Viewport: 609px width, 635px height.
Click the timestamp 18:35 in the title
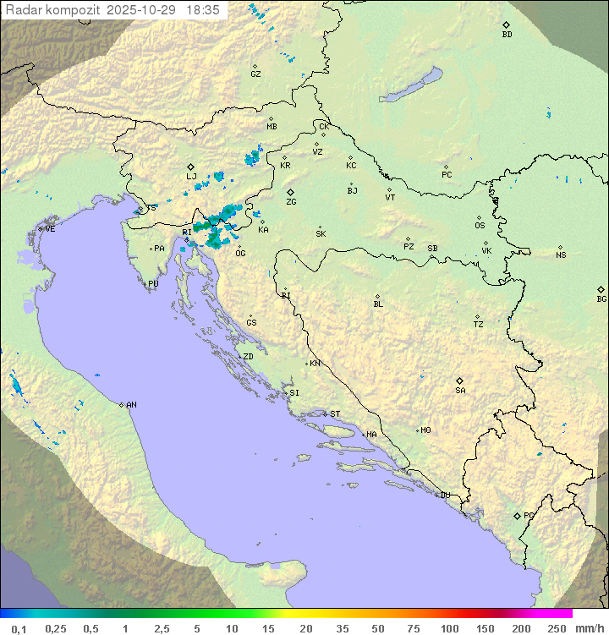point(202,10)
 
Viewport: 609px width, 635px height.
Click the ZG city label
point(291,202)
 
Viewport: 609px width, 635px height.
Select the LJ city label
point(191,177)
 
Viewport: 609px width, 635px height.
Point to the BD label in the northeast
point(507,35)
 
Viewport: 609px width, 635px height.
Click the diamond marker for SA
point(460,380)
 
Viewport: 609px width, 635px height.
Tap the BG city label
point(601,298)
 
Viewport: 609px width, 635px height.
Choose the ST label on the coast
point(335,414)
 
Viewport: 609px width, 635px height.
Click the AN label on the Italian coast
point(131,405)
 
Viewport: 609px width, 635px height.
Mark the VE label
point(50,229)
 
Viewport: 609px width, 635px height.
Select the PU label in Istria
point(153,284)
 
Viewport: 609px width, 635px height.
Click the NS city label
point(561,255)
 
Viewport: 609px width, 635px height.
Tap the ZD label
point(248,357)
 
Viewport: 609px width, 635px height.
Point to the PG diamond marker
point(517,515)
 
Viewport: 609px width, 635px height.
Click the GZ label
point(255,74)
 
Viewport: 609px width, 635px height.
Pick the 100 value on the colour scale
point(449,628)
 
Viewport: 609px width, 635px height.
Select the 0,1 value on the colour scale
point(19,628)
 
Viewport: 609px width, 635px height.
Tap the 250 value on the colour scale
point(557,628)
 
